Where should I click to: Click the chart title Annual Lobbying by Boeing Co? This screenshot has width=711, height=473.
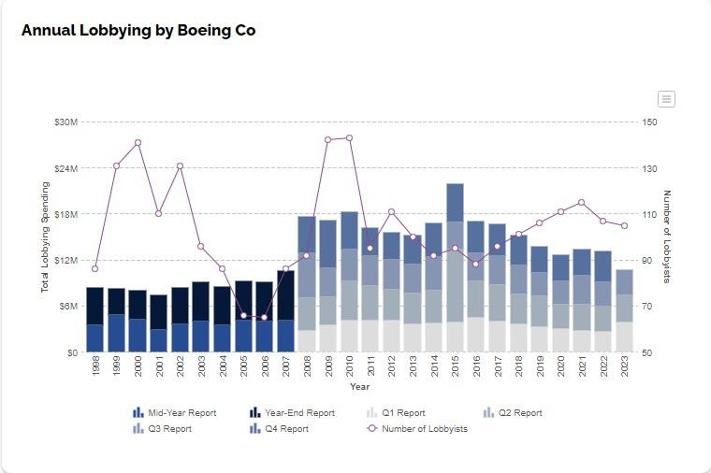[138, 30]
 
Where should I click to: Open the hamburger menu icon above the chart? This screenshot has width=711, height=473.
[666, 99]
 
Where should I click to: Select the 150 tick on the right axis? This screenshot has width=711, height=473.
[649, 122]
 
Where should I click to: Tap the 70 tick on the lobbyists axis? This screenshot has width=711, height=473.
[648, 307]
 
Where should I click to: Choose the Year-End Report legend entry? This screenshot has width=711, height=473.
[298, 412]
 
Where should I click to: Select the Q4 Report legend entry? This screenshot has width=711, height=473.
[285, 429]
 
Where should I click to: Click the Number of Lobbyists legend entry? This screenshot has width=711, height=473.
[424, 429]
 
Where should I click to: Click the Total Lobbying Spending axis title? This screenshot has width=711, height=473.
[44, 237]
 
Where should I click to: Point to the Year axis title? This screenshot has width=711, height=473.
[360, 386]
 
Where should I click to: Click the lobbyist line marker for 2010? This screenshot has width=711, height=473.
[349, 137]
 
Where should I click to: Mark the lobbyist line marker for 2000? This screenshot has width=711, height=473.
[138, 143]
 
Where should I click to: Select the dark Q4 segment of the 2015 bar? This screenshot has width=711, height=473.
[456, 202]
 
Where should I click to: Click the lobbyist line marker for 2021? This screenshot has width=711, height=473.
[582, 202]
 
